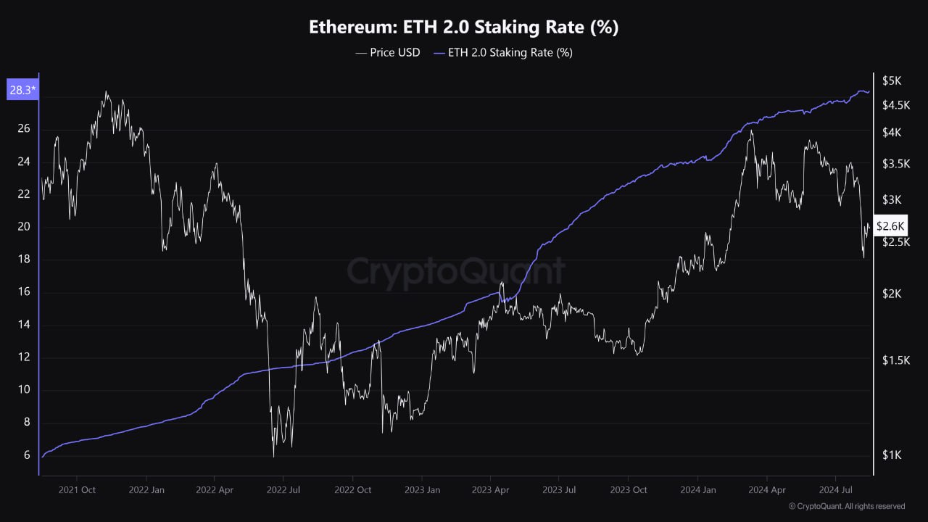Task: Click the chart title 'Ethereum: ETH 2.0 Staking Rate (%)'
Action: click(x=464, y=28)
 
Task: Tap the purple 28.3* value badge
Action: click(x=22, y=91)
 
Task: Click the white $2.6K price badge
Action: click(x=890, y=225)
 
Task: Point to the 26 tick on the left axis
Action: click(x=24, y=129)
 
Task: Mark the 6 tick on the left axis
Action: click(x=27, y=455)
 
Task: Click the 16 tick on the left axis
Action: click(x=24, y=292)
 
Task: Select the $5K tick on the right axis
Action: click(x=891, y=80)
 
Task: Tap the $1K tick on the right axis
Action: click(x=891, y=455)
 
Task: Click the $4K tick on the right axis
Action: click(x=891, y=133)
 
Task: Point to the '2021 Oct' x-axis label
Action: click(x=78, y=489)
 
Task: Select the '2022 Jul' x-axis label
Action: click(x=283, y=489)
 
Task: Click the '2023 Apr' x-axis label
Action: click(x=490, y=489)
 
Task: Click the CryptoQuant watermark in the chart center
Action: click(x=455, y=271)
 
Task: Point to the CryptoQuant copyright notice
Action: click(x=846, y=506)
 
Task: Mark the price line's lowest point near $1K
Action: click(x=273, y=456)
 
